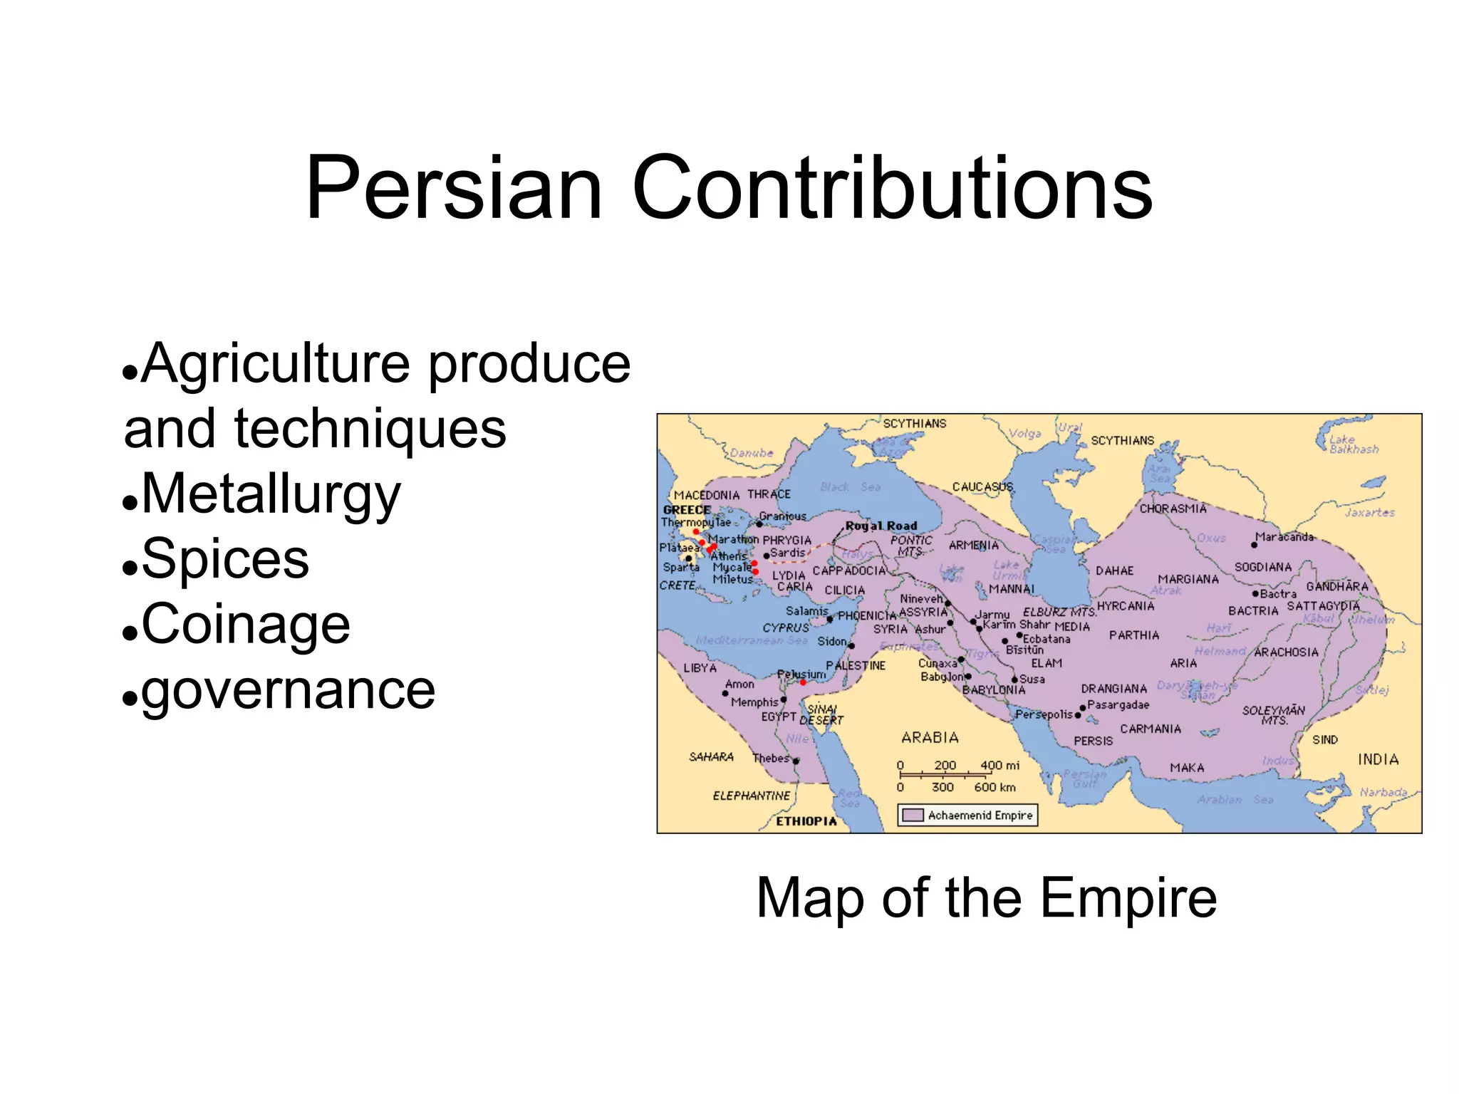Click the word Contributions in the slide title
pos(891,189)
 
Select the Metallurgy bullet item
pos(271,494)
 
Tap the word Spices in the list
pos(225,559)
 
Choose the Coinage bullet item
pos(246,625)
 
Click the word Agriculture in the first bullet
pos(275,364)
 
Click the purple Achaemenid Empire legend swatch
pos(913,815)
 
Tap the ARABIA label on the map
pos(930,738)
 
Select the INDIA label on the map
pos(1378,759)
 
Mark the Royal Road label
pos(881,526)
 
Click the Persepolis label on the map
pos(1044,714)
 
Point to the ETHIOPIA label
pos(806,821)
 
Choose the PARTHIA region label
pos(1134,635)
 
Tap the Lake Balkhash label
pos(1353,444)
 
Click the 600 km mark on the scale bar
pos(995,787)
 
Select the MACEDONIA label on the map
pos(707,495)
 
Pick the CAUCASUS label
pos(982,487)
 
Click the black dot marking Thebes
pos(796,761)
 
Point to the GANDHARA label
pos(1337,587)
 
